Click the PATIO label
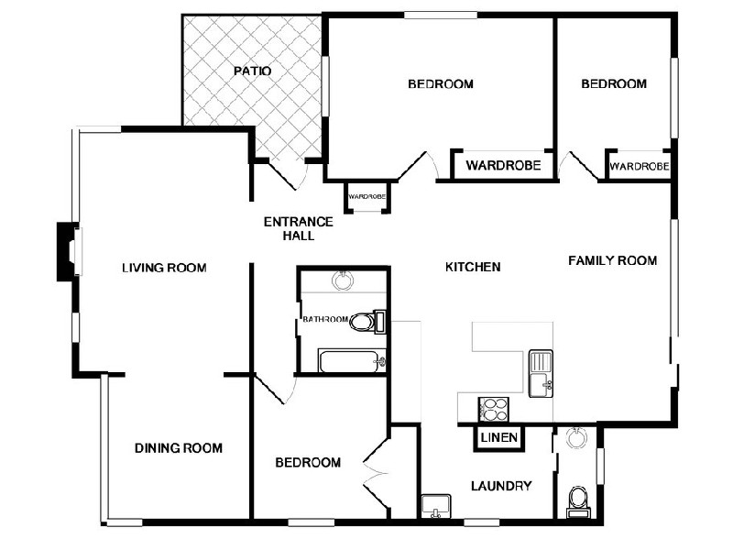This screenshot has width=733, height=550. point(252,71)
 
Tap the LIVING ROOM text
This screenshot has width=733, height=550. point(164,269)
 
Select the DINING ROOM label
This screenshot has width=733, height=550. point(179,448)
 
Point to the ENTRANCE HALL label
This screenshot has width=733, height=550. point(298,228)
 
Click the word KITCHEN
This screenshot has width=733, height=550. point(473,268)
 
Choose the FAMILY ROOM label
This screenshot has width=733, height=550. point(612,260)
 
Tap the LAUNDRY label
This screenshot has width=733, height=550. point(501,486)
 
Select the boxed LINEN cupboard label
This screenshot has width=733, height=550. point(499,438)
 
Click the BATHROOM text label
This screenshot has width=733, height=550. point(325,320)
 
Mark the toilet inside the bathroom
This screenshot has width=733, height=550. point(366,322)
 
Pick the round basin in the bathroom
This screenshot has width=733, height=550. point(344,280)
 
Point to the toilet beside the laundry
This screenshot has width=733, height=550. point(578,501)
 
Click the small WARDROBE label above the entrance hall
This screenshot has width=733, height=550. point(366,197)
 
